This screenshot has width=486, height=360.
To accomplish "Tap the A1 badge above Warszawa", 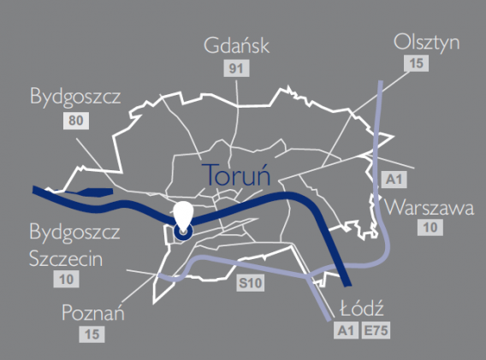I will (x=393, y=180).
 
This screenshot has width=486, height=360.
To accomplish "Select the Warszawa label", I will (x=429, y=207).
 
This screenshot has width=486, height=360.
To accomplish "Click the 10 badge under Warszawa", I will (x=429, y=227).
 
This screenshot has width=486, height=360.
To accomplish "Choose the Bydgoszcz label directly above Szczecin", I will (x=74, y=233).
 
